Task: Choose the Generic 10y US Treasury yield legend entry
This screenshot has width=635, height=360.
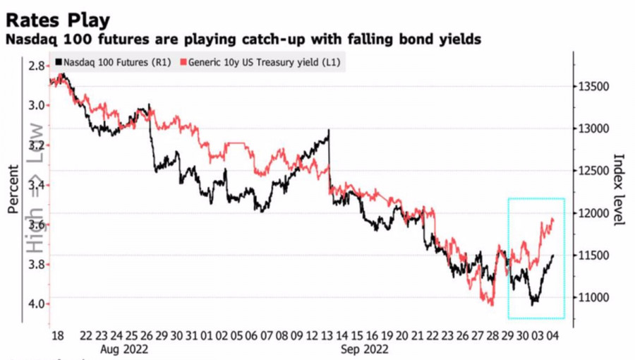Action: (x=261, y=62)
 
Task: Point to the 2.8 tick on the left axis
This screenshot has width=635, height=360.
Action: (x=37, y=66)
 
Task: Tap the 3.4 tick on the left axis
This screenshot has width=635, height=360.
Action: (x=37, y=185)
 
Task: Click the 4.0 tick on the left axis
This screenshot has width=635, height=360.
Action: (x=37, y=304)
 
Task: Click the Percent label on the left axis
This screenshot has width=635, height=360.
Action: (x=13, y=189)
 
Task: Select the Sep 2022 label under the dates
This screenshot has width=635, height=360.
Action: (x=365, y=349)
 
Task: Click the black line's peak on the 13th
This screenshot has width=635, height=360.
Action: (x=329, y=131)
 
